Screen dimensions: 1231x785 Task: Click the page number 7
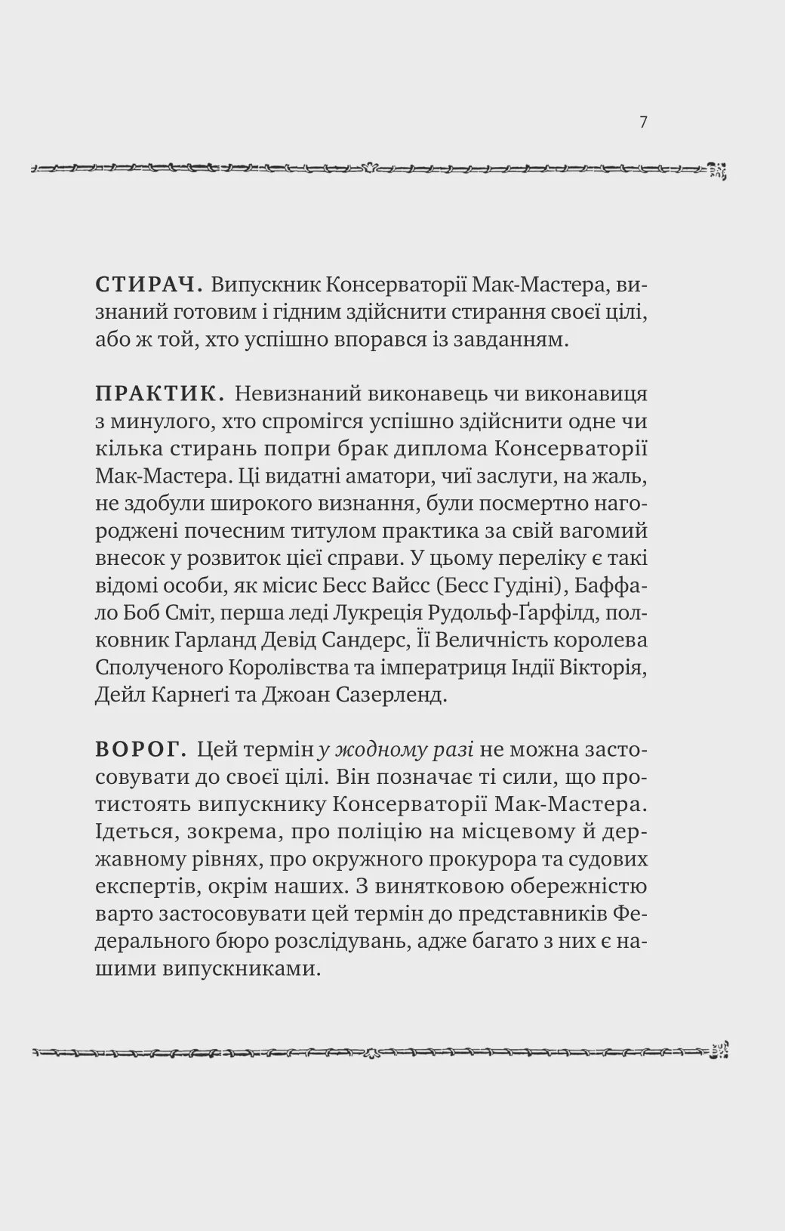[x=643, y=122]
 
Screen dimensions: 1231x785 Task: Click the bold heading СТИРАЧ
[x=148, y=285]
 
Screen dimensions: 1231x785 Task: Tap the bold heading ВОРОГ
[x=141, y=750]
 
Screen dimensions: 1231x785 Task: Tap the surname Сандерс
[x=368, y=640]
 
